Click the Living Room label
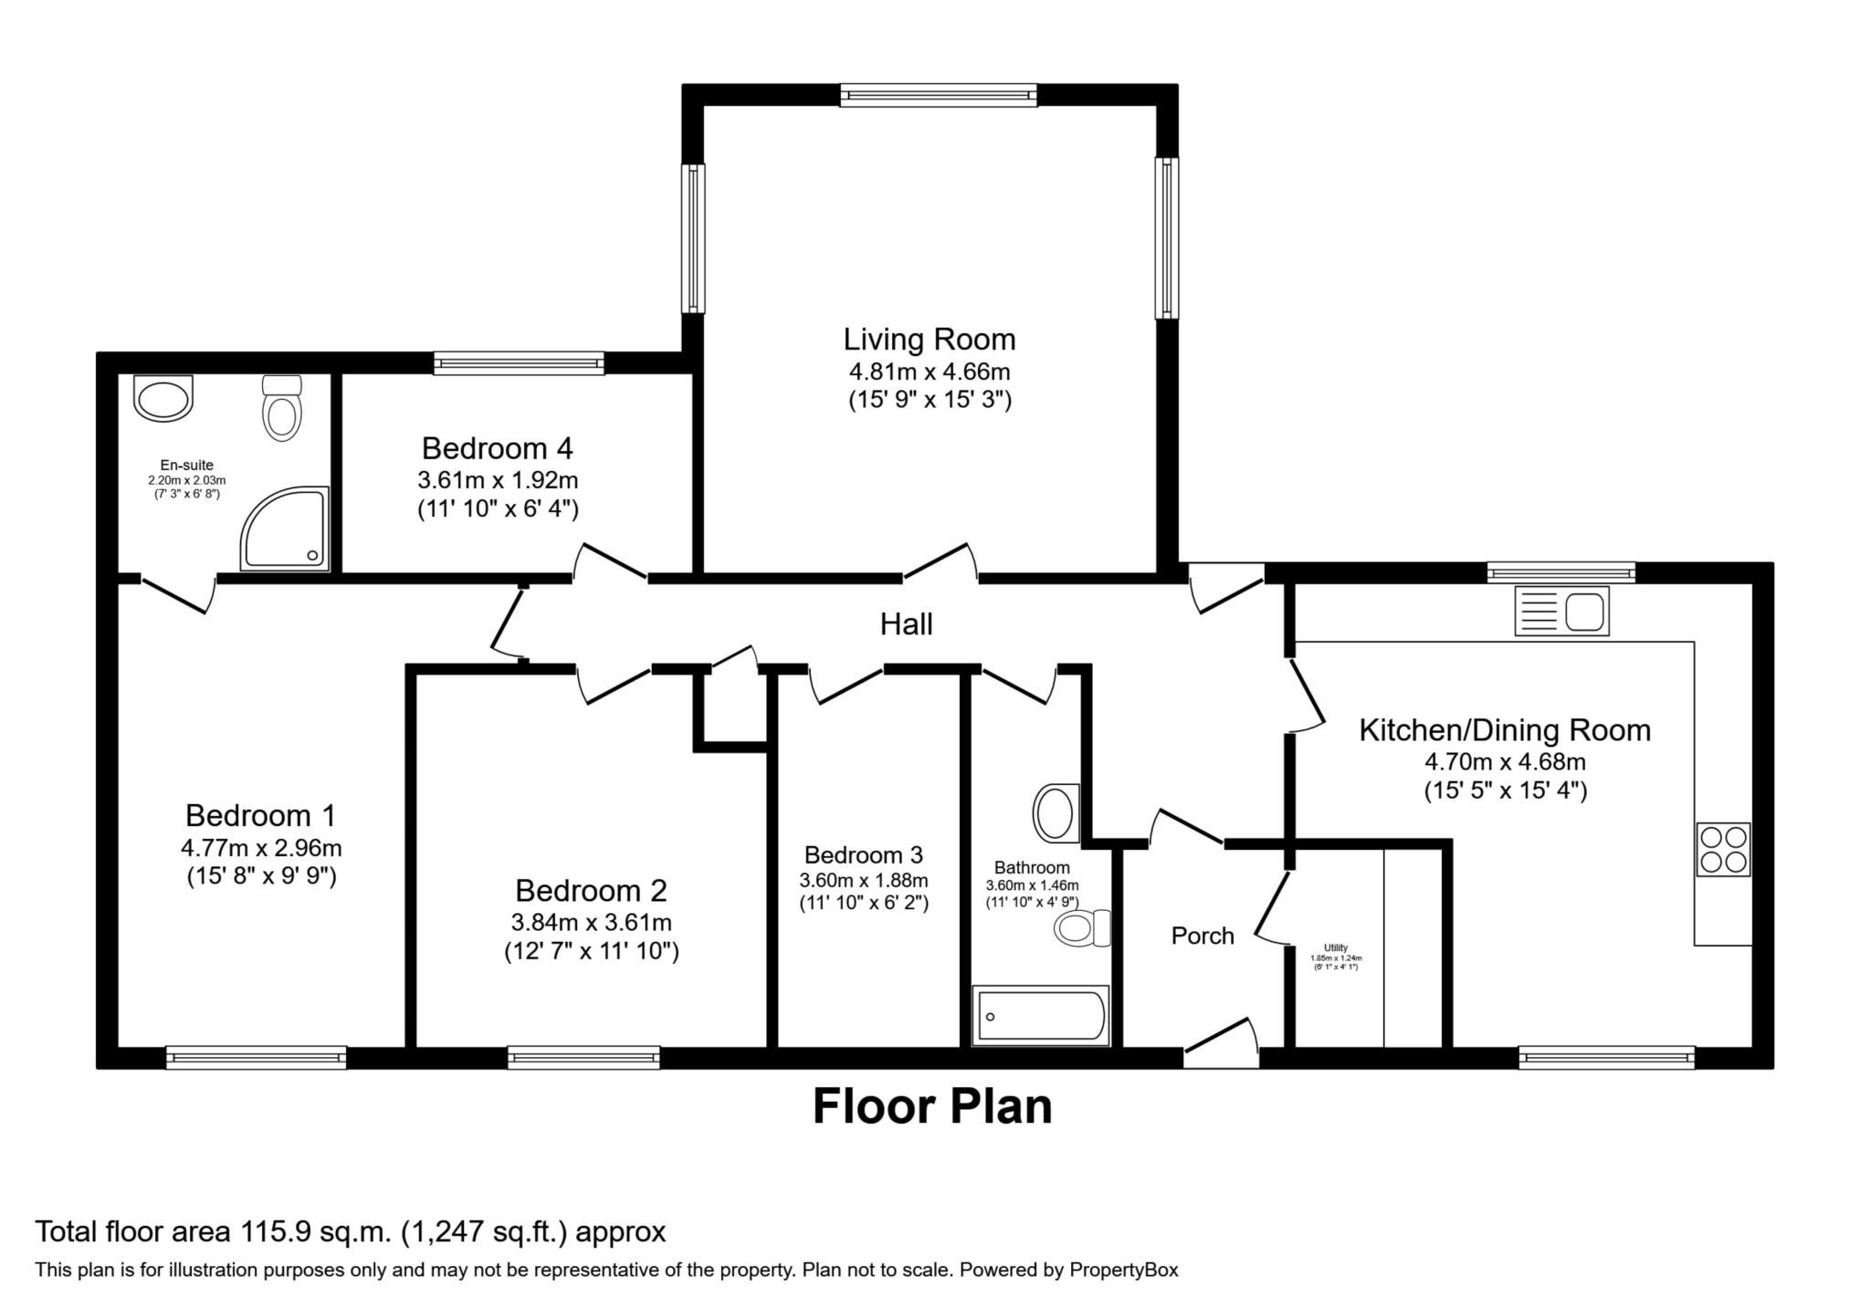click(x=929, y=340)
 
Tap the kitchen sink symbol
click(x=1561, y=611)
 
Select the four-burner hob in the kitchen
click(x=1723, y=849)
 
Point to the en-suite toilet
click(x=281, y=408)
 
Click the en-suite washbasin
click(x=163, y=399)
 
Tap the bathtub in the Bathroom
click(x=1041, y=1015)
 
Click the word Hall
click(x=906, y=624)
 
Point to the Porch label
click(x=1203, y=936)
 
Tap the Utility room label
click(x=1335, y=947)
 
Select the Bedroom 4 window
click(x=519, y=363)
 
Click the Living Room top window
click(x=939, y=95)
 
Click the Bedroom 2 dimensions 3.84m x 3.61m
click(x=591, y=922)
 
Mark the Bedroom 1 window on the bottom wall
click(x=256, y=1057)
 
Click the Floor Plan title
click(x=931, y=1106)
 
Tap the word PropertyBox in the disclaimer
click(x=1123, y=1270)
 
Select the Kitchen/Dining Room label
click(x=1504, y=730)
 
